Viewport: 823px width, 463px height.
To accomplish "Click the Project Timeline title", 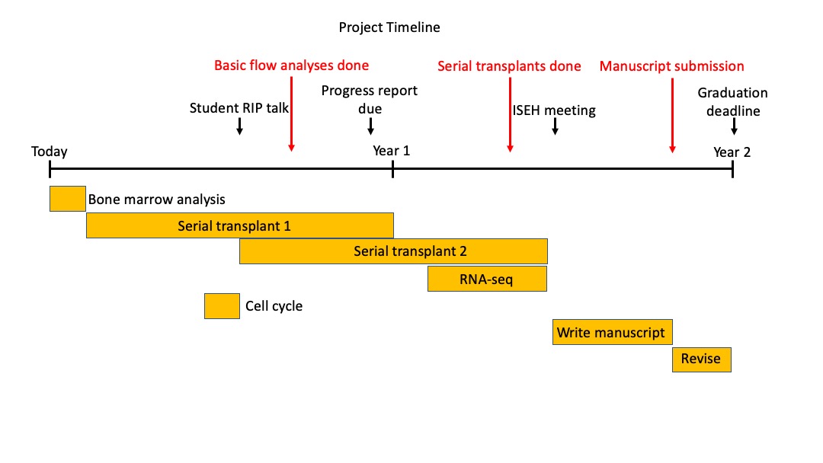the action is click(389, 27).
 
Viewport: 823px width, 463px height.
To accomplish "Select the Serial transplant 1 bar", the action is click(240, 225).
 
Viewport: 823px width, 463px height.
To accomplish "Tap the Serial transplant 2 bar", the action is click(394, 251).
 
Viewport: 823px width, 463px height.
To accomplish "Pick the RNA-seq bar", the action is click(487, 279).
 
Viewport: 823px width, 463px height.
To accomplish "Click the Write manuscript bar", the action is click(613, 332).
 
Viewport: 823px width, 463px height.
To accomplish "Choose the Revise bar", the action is click(702, 359).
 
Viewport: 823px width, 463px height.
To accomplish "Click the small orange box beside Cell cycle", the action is click(222, 306).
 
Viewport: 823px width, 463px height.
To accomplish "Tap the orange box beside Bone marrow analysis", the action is click(68, 199).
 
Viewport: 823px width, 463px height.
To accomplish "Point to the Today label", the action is click(50, 152).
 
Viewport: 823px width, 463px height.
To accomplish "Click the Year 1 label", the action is click(391, 151).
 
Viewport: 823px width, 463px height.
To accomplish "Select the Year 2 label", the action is click(732, 152).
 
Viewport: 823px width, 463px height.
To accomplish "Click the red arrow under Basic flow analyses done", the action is click(291, 114).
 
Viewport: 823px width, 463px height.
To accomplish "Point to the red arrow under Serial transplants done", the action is click(510, 115).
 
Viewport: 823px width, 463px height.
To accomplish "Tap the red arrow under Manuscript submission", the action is click(672, 115).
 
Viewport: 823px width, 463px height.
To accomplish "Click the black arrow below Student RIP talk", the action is click(239, 126).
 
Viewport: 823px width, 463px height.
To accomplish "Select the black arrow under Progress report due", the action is click(370, 126).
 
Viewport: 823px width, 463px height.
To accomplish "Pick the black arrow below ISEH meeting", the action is click(555, 126).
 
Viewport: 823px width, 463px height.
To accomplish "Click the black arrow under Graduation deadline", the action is click(734, 126).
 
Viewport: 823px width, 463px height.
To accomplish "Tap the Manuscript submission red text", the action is click(672, 66).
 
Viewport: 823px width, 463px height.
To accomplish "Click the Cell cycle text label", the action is click(274, 306).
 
